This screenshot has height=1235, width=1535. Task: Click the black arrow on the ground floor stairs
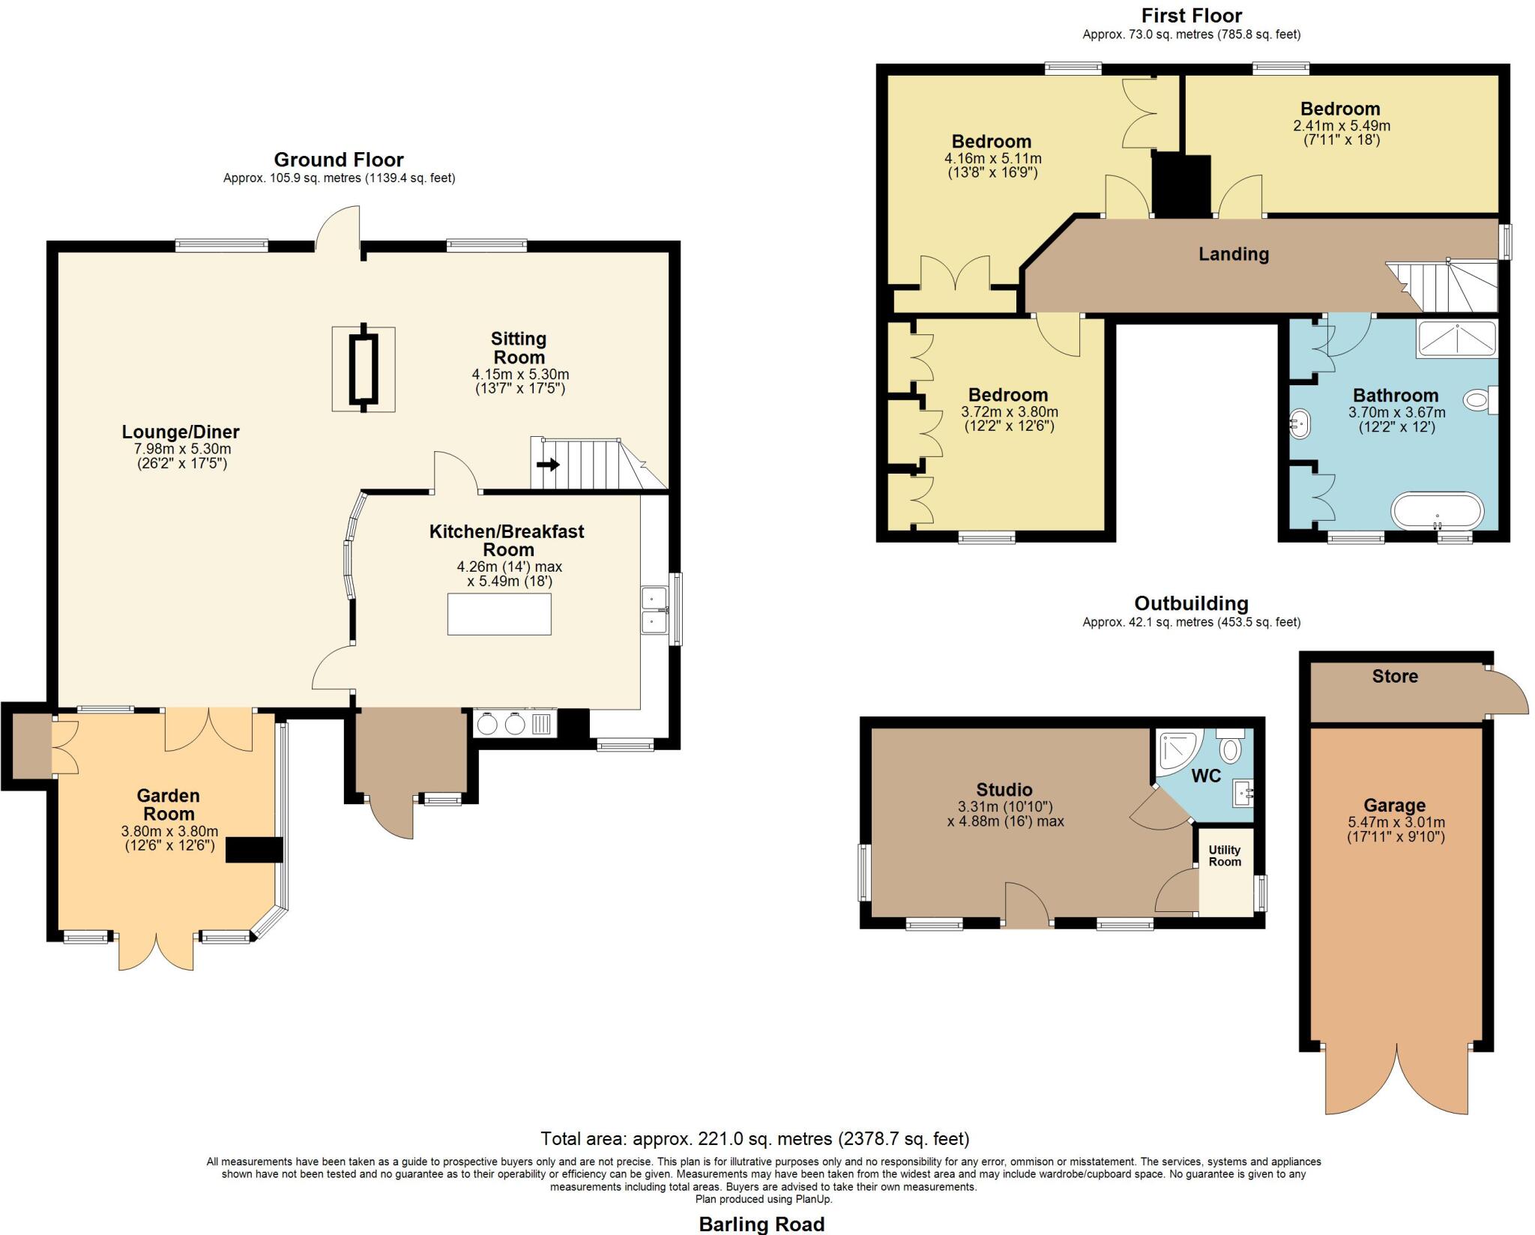[548, 465]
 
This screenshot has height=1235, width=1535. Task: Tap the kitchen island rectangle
[499, 615]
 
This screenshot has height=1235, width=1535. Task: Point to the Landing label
[1233, 254]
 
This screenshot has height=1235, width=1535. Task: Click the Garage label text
[1394, 806]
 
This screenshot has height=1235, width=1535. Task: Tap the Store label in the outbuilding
[1394, 676]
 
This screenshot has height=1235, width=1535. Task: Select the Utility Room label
[1225, 856]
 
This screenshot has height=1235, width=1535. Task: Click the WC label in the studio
[1206, 776]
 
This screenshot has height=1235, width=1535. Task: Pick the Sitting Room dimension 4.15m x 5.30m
[519, 374]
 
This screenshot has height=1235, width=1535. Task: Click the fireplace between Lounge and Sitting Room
[364, 369]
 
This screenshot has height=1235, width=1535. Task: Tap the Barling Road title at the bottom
[762, 1224]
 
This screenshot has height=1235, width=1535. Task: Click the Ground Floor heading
[339, 160]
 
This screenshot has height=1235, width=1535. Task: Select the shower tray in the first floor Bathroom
[1456, 339]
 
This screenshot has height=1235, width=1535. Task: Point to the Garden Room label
[169, 804]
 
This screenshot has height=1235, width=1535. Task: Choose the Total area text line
[755, 1139]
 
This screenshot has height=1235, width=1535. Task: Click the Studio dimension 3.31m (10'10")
[1004, 807]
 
